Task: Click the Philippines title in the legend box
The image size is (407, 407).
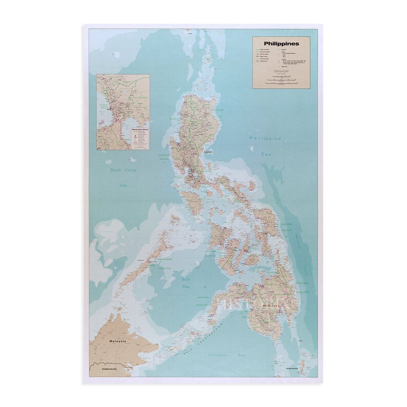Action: click(279, 44)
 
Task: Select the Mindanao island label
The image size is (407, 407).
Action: click(270, 306)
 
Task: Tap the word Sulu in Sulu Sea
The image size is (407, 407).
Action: click(186, 279)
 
